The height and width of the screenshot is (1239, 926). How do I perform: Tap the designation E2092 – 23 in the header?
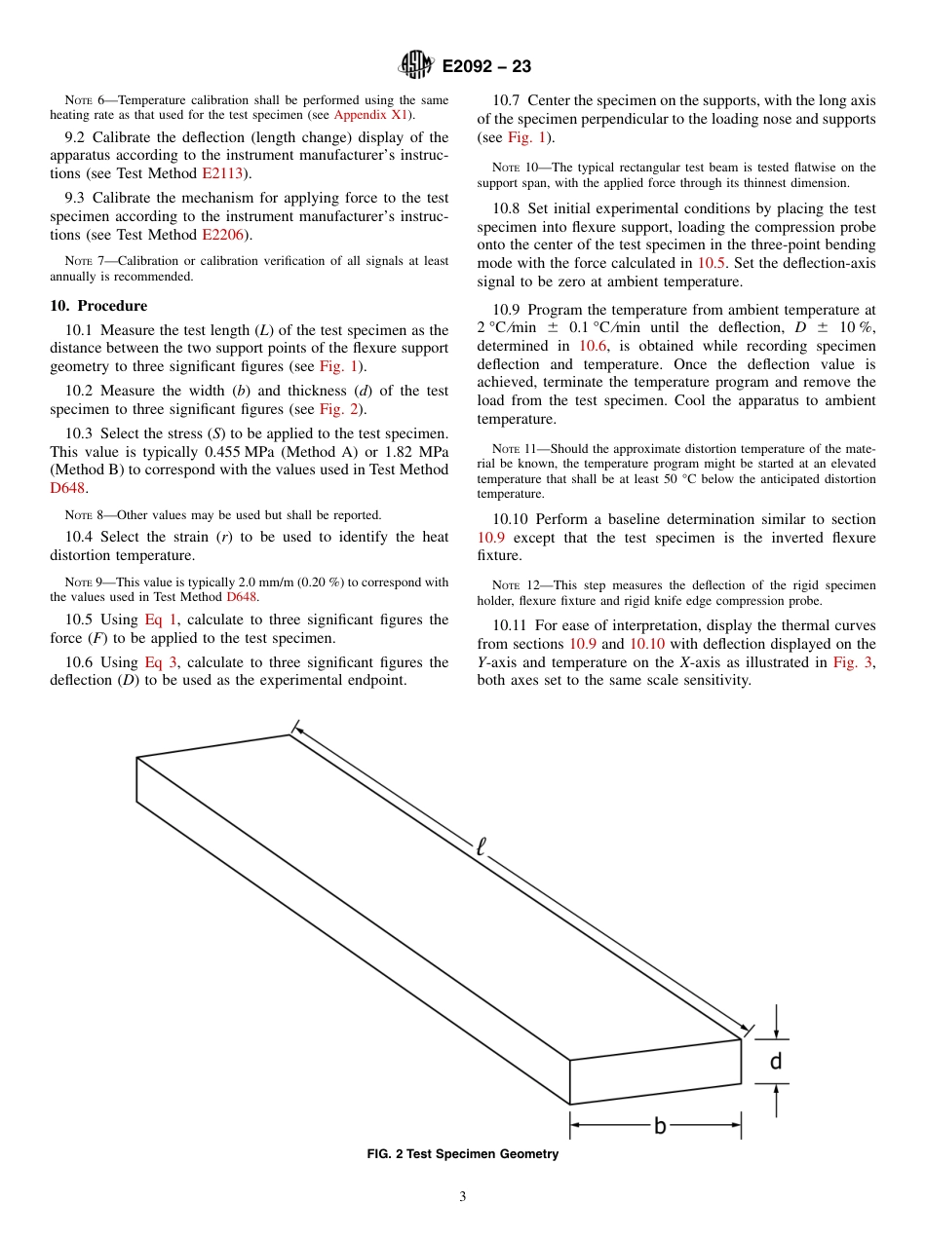click(486, 66)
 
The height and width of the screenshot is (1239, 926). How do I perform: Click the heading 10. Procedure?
click(98, 306)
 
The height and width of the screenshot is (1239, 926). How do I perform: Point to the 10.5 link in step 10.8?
click(712, 263)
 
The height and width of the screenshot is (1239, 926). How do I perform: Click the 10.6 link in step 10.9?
click(594, 346)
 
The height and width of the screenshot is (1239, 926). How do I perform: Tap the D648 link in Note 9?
click(243, 597)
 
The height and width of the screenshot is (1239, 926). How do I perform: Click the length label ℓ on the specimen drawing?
click(480, 846)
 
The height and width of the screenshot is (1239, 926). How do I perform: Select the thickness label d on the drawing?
click(776, 1061)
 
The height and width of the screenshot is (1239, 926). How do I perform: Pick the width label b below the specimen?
click(660, 1126)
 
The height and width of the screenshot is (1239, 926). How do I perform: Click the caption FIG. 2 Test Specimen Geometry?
click(462, 1154)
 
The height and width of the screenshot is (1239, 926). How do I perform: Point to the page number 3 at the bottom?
click(463, 1197)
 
